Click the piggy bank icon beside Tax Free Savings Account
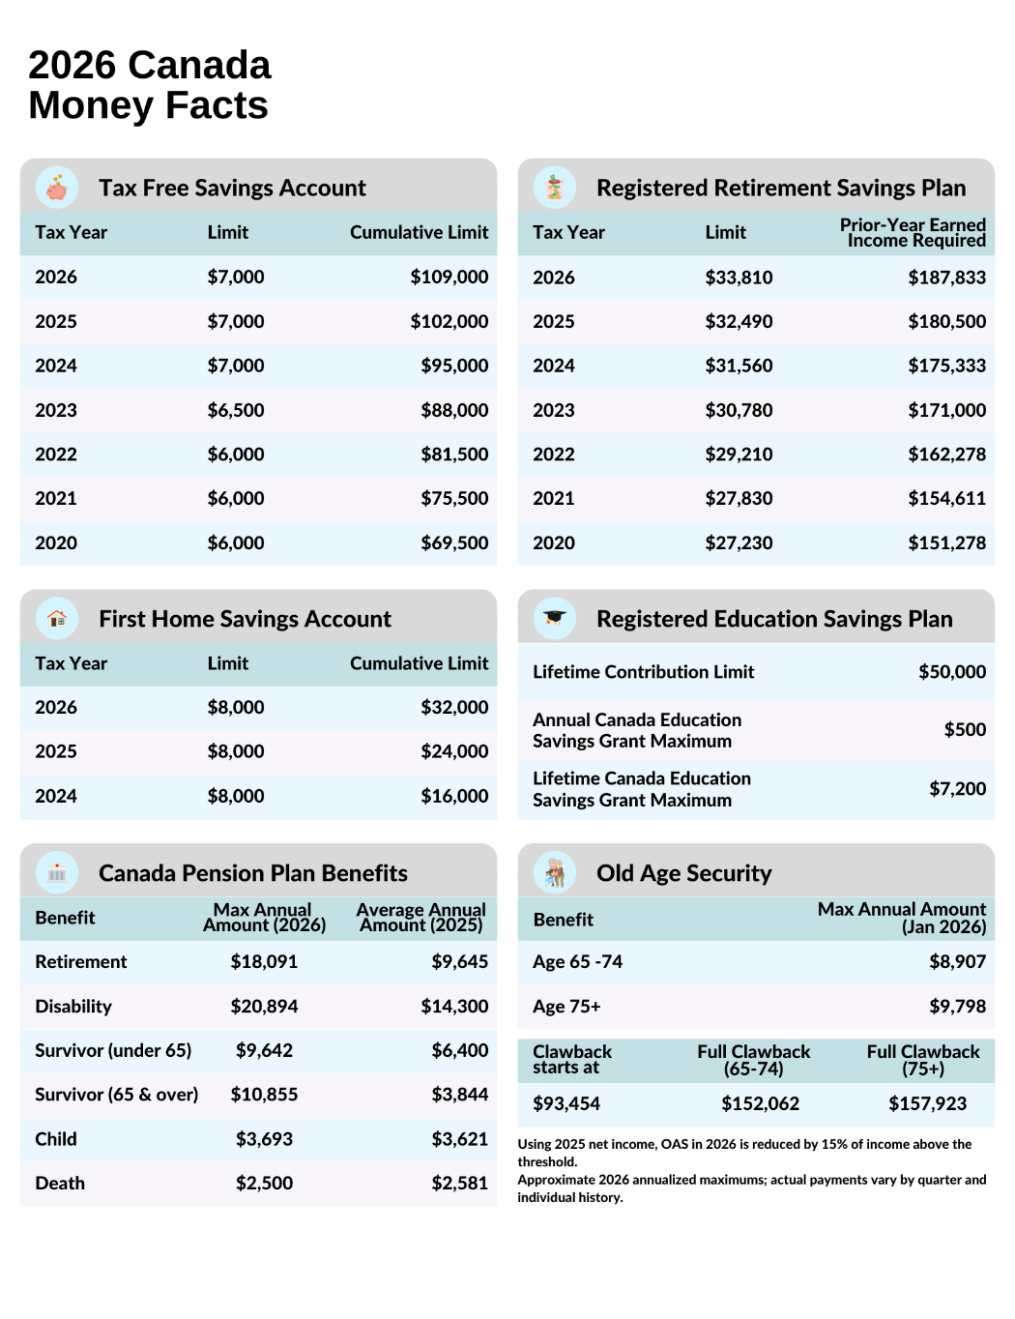pyautogui.click(x=57, y=188)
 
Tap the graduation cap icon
pyautogui.click(x=554, y=618)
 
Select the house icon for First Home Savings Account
pyautogui.click(x=57, y=618)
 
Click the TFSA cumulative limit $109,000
pyautogui.click(x=449, y=278)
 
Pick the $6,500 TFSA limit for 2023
pyautogui.click(x=235, y=410)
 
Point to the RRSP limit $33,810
pyautogui.click(x=739, y=278)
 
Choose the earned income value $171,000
pyautogui.click(x=946, y=410)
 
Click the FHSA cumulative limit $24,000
pyautogui.click(x=453, y=751)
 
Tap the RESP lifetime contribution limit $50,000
pyautogui.click(x=951, y=672)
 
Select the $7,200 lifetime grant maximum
pyautogui.click(x=957, y=789)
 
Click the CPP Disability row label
pyautogui.click(x=73, y=1007)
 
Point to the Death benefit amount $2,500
pyautogui.click(x=264, y=1184)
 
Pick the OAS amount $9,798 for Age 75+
pyautogui.click(x=957, y=1007)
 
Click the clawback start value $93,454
pyautogui.click(x=566, y=1103)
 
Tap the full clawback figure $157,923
pyautogui.click(x=927, y=1103)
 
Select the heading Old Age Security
pyautogui.click(x=683, y=873)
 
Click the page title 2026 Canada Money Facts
pyautogui.click(x=150, y=85)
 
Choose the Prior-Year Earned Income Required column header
pyautogui.click(x=913, y=232)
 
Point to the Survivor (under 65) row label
pyautogui.click(x=113, y=1050)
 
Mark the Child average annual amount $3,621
pyautogui.click(x=459, y=1139)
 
